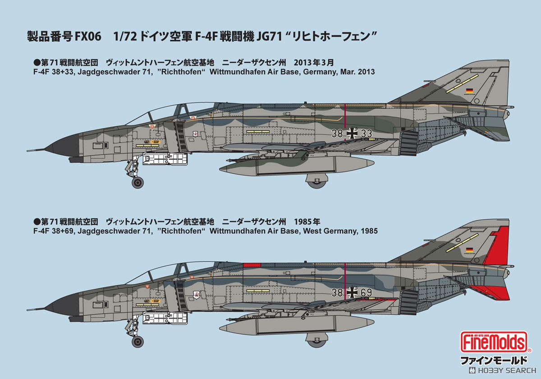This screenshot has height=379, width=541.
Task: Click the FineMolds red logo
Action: pos(494,342)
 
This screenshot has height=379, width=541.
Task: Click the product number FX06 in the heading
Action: pos(88,37)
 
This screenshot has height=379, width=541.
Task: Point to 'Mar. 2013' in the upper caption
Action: pos(358,72)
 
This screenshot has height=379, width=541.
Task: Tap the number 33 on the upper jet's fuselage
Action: pos(367,133)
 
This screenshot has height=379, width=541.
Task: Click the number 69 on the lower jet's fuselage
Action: pos(367,293)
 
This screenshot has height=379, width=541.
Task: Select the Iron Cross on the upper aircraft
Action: pos(352,133)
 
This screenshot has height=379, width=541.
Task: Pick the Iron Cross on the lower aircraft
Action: pos(352,293)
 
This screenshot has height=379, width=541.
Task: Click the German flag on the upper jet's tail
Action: pos(469,91)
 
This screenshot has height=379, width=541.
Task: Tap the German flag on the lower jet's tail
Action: pos(469,250)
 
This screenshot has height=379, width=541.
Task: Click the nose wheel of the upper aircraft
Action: pos(138,182)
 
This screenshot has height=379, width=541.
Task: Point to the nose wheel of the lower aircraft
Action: pos(138,342)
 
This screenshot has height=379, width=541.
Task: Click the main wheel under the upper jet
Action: pos(316,182)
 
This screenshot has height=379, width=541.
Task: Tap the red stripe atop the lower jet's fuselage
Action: pos(252,265)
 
